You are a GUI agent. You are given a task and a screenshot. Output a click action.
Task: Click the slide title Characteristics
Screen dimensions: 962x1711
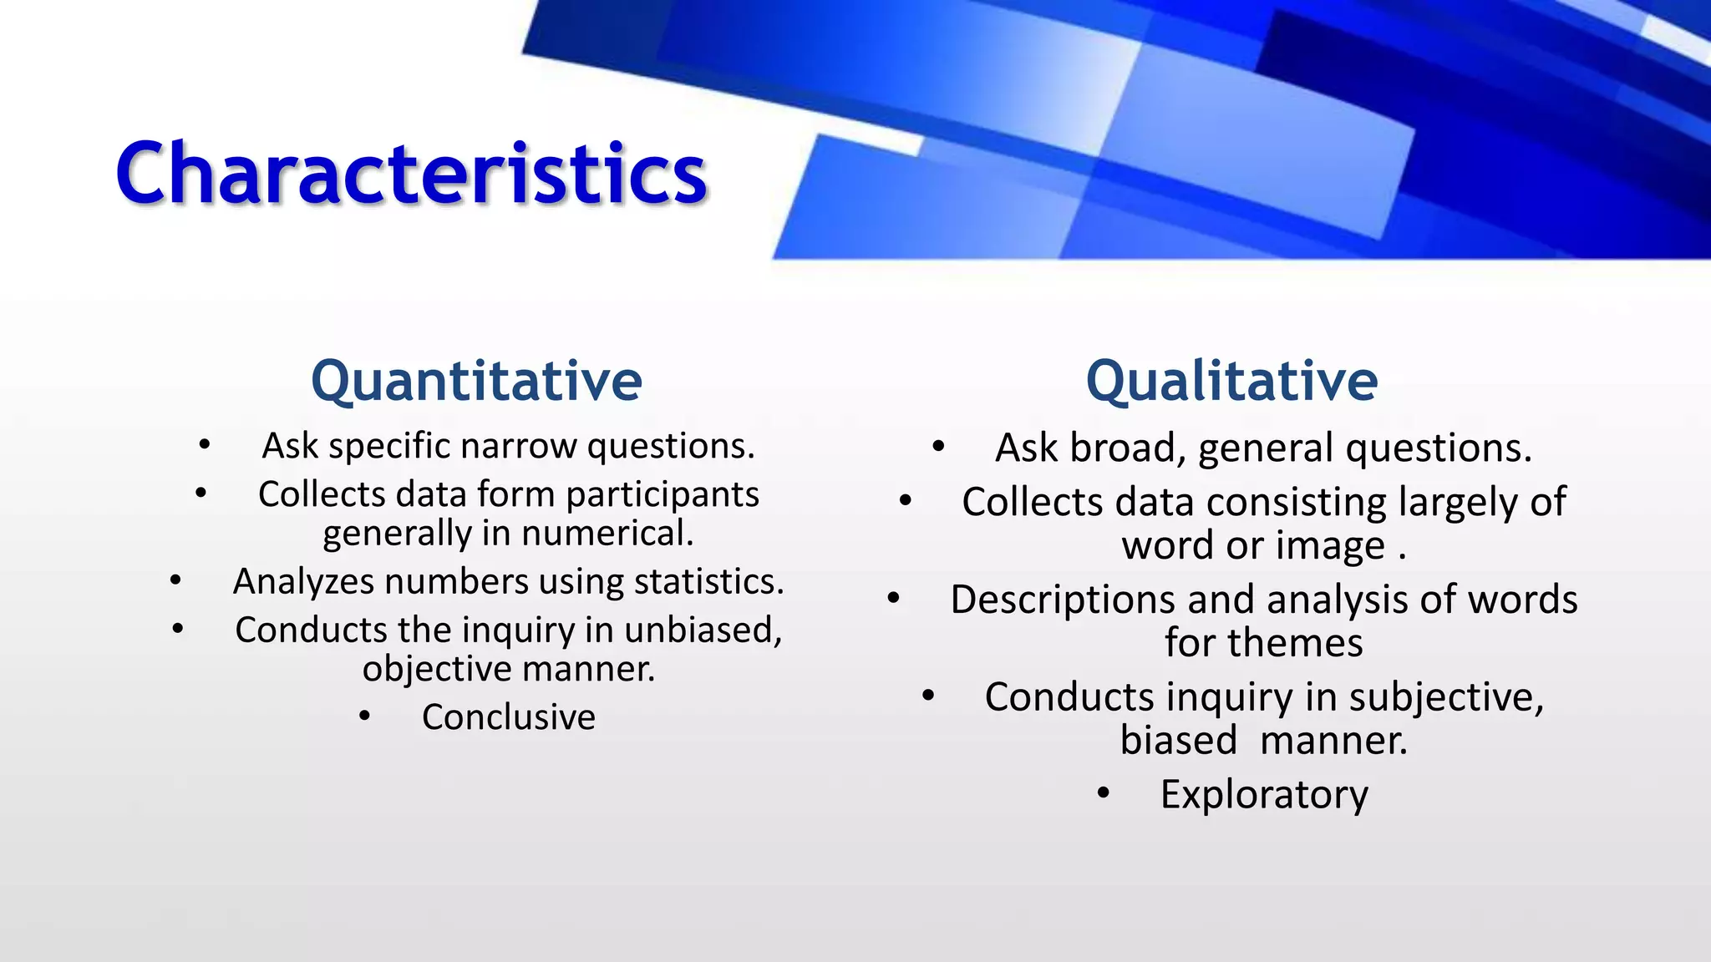[412, 173]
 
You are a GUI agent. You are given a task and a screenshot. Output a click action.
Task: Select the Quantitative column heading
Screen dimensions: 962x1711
[476, 381]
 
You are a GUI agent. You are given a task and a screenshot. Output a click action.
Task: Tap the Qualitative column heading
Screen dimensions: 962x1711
[1231, 381]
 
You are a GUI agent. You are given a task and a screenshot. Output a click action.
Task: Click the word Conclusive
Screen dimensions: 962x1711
[508, 717]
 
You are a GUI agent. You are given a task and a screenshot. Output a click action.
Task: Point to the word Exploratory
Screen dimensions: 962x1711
[1264, 794]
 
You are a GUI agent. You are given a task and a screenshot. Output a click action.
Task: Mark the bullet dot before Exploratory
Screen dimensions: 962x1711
[1104, 793]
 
